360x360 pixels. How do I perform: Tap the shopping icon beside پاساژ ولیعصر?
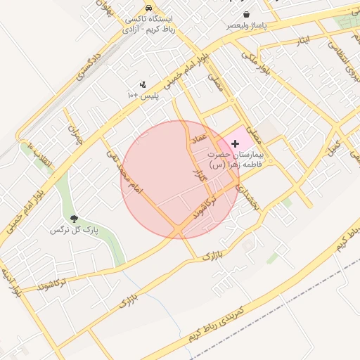coord(245,15)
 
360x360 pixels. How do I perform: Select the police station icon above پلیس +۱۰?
coord(143,84)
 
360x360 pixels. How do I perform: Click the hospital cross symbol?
coord(235,143)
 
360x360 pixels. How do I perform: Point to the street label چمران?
coord(73,136)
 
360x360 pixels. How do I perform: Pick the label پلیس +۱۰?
coord(143,94)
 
